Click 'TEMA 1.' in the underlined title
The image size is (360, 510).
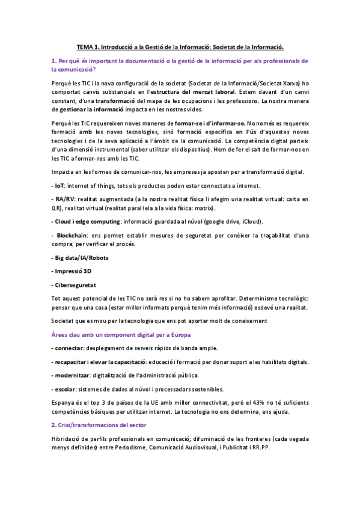(x=89, y=46)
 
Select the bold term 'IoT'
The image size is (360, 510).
(x=59, y=186)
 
